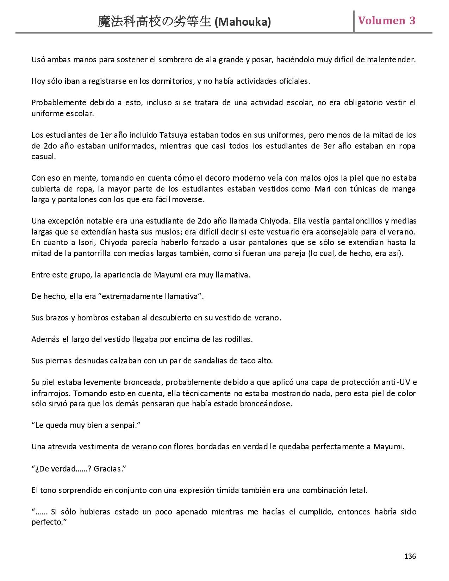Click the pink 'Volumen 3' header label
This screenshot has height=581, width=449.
pos(387,21)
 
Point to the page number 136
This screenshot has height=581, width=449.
pos(410,556)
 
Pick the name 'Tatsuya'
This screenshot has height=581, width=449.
pos(174,135)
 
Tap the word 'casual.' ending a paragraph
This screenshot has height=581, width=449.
pos(43,157)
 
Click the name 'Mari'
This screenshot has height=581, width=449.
pos(322,189)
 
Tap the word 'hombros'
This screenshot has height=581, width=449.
pos(93,318)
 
